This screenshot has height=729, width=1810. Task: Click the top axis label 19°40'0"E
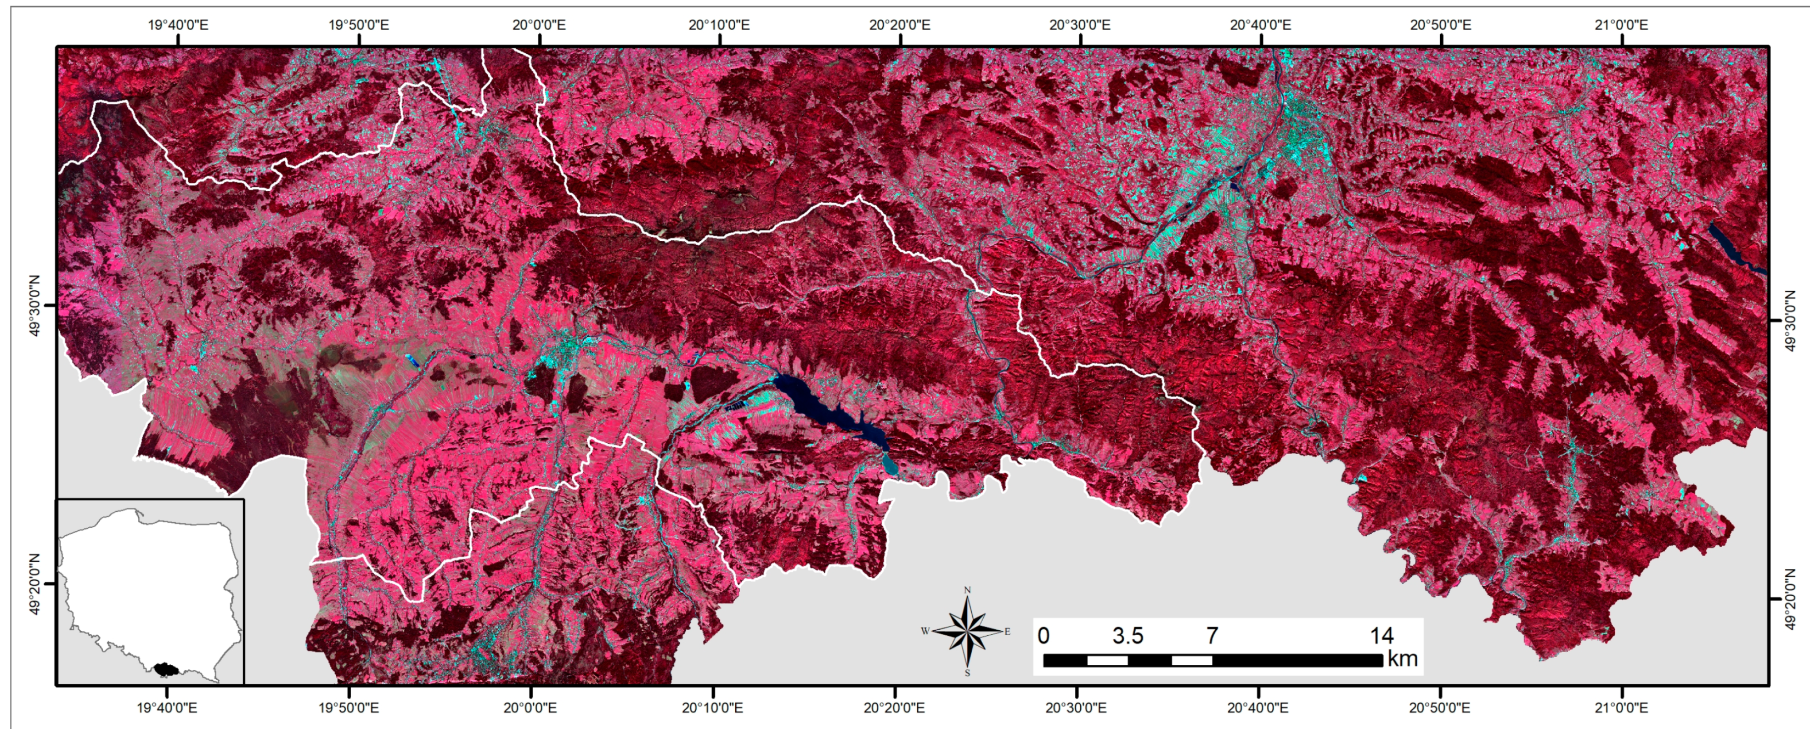[178, 25]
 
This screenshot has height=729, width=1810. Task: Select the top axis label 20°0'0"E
[539, 25]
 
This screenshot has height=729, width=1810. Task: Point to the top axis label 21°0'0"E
[1622, 25]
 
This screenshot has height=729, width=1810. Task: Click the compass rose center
[967, 631]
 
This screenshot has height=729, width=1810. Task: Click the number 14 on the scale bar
[1382, 636]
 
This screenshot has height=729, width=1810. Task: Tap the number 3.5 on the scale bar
[1127, 636]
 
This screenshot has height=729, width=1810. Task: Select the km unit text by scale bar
[1402, 659]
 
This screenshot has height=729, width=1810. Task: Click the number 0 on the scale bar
[1044, 636]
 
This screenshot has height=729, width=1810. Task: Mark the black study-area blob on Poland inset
[166, 669]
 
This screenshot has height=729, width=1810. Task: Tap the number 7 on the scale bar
[1212, 636]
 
